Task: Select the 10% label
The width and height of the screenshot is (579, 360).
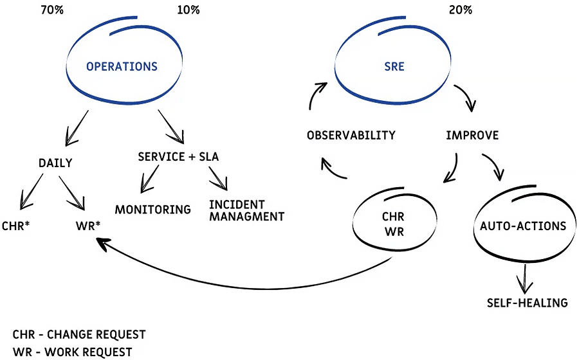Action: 188,10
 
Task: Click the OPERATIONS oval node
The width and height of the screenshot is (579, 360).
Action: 122,66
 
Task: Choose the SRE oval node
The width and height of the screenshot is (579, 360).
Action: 394,66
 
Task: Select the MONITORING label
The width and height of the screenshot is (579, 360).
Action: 153,210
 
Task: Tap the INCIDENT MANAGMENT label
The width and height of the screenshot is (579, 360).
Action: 246,211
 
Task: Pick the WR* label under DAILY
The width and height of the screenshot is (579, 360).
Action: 87,226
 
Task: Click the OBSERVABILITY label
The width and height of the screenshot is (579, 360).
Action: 351,136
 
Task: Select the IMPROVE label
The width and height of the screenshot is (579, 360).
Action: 472,136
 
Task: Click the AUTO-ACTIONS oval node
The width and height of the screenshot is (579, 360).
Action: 523,226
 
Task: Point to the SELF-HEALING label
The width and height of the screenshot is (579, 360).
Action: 527,302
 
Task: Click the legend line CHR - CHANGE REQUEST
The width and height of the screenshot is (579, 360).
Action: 79,335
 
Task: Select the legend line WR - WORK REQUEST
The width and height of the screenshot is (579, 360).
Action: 72,352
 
